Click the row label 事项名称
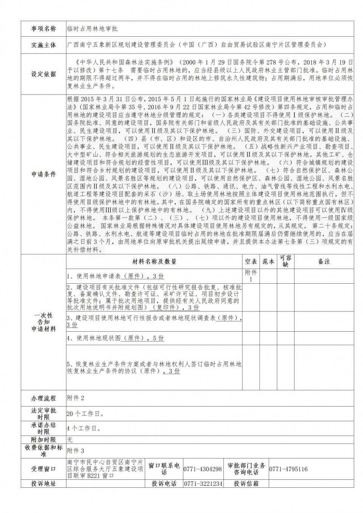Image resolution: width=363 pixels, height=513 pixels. tap(43, 29)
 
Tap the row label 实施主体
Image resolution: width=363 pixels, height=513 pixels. tap(43, 45)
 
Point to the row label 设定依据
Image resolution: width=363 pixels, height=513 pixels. tap(43, 74)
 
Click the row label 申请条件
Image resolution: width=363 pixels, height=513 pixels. tap(43, 174)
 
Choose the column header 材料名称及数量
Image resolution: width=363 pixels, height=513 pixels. tap(154, 261)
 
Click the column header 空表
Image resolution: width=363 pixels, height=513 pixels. tap(251, 261)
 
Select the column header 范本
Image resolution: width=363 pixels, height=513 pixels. tap(268, 261)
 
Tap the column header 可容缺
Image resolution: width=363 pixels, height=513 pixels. tap(285, 261)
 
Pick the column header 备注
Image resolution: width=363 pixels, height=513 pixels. tap(324, 261)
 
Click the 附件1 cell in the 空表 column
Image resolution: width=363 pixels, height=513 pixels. tap(251, 276)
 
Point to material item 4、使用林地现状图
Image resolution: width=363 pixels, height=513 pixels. tap(115, 338)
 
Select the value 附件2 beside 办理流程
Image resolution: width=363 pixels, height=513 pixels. tap(76, 398)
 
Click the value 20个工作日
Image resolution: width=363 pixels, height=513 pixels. tap(85, 414)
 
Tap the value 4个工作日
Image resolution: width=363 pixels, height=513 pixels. tap(84, 428)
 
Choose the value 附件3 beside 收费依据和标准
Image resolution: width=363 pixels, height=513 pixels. tap(76, 451)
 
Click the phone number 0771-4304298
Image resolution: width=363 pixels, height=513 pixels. tap(203, 469)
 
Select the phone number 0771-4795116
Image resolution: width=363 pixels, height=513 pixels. tap(288, 469)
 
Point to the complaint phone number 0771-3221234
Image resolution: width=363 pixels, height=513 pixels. tap(203, 484)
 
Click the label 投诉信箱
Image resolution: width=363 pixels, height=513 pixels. tap(246, 484)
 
